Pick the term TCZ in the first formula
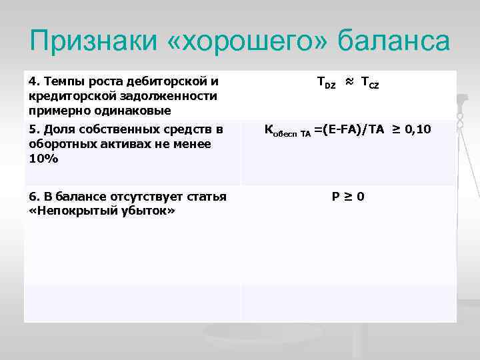370,83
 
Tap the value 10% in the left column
43,158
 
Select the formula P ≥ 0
348,197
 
